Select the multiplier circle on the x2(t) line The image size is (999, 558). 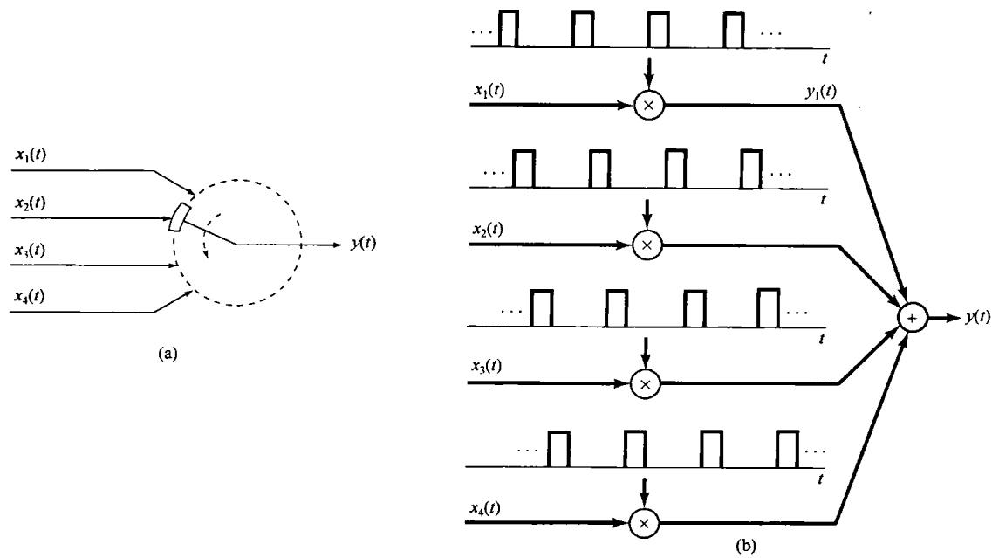(647, 245)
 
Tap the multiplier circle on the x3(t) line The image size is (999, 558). (646, 382)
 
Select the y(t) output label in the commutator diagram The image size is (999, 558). (359, 244)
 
